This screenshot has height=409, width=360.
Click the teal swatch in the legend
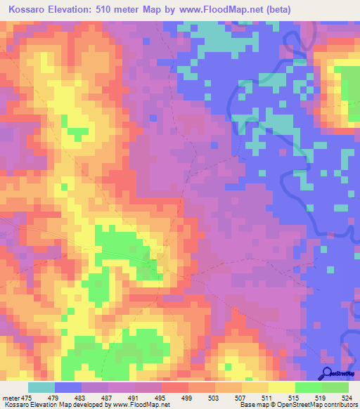(41, 387)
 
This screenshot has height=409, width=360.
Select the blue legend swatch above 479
(68, 387)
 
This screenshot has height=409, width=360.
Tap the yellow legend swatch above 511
(281, 387)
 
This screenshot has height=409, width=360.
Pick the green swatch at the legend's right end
(335, 387)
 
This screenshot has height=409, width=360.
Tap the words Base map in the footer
(250, 405)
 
